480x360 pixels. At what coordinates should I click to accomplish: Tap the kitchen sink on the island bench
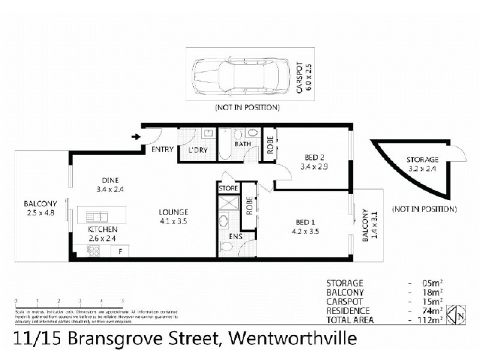coord(96,215)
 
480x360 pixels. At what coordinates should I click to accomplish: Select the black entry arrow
coord(136,137)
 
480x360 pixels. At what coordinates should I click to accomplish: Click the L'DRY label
coord(198,150)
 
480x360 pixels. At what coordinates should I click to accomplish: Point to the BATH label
coord(242,145)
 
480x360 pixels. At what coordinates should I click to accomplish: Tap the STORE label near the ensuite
coord(229,188)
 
